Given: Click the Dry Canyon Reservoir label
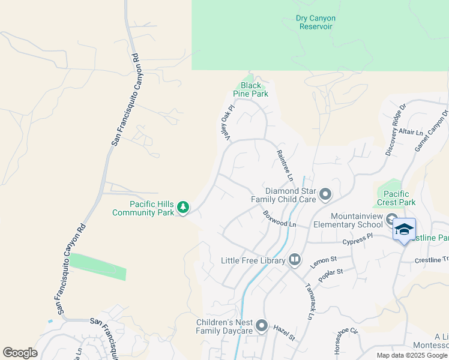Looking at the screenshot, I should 316,23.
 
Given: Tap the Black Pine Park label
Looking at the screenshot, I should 250,90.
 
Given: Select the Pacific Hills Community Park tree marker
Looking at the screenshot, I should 183,208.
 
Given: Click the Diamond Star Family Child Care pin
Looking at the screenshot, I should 325,194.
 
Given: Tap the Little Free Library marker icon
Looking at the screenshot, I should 295,260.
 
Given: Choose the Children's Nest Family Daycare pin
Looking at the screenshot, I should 262,326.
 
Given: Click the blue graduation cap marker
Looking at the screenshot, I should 404,229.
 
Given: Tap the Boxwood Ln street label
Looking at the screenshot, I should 279,218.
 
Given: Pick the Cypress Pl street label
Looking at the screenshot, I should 358,242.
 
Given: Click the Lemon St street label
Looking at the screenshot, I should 321,260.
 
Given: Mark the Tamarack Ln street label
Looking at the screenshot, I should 310,300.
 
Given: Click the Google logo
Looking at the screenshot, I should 20,353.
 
